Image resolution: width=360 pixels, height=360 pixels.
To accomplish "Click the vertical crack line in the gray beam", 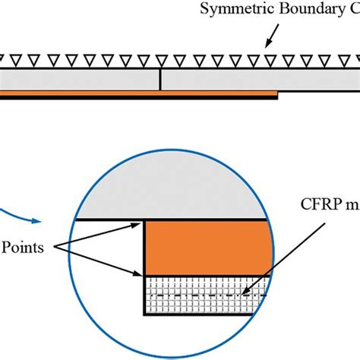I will [160, 79].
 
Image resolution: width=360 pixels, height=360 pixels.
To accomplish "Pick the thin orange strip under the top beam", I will [137, 93].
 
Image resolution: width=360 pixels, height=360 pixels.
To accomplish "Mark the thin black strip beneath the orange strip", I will [137, 97].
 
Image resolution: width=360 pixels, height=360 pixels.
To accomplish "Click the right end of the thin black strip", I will [276, 97].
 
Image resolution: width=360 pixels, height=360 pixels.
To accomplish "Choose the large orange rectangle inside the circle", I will [207, 248].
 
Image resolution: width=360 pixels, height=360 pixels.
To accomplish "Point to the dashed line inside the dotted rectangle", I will [207, 293].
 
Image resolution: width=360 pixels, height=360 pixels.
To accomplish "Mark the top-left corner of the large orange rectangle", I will [145, 221].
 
